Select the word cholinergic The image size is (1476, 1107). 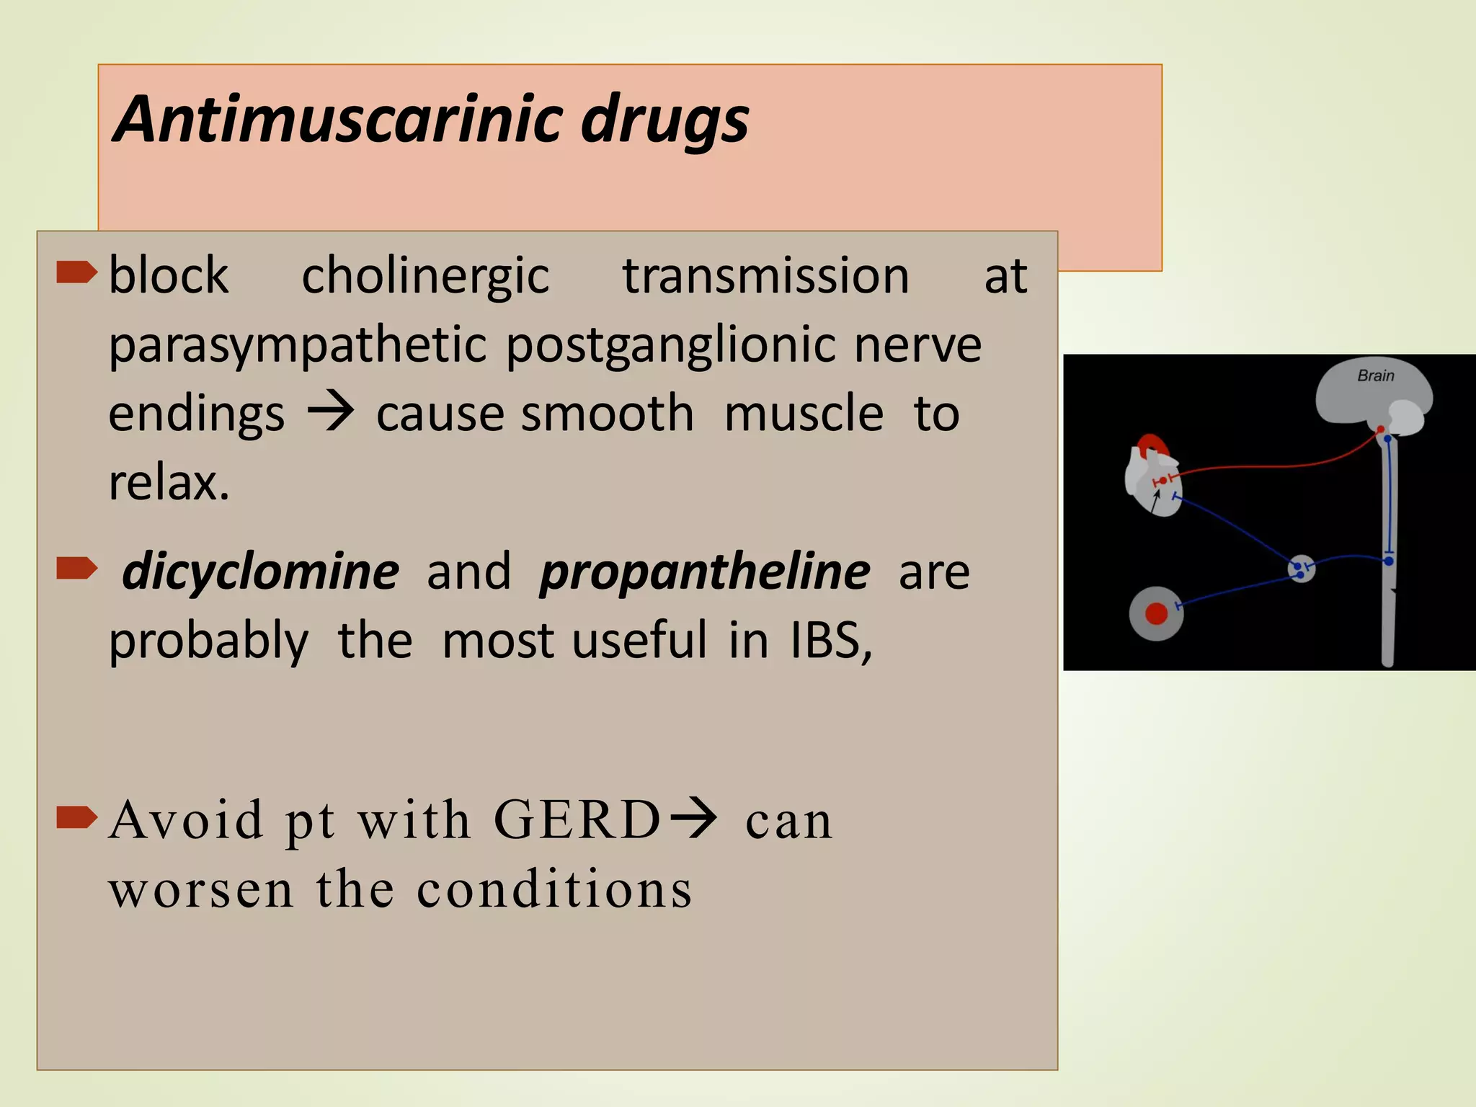(425, 277)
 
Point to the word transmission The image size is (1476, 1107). (765, 276)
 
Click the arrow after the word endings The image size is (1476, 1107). (331, 414)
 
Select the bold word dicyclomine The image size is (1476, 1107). (260, 572)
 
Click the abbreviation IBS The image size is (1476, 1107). (829, 640)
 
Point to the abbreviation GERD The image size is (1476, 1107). (577, 820)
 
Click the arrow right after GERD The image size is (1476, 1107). (693, 820)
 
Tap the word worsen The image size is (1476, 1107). (202, 889)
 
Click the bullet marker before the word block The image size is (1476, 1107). (76, 272)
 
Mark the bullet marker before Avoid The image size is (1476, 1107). (76, 817)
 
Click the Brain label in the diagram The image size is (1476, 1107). (1375, 375)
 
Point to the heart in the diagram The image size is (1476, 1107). (1152, 479)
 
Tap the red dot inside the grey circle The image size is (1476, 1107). (1156, 614)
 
